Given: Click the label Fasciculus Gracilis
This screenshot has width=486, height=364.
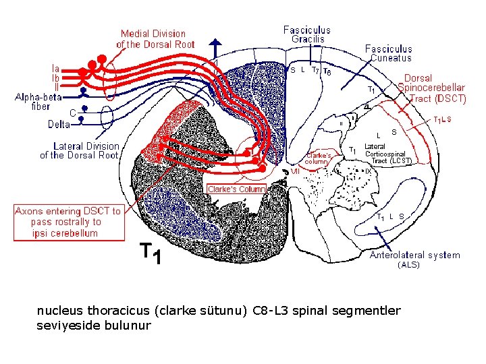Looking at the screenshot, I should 307,34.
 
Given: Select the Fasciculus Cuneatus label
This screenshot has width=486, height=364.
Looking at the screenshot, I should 388,53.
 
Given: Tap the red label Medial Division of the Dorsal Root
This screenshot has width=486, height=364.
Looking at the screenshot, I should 155,39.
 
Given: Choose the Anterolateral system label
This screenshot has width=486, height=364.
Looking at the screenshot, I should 415,255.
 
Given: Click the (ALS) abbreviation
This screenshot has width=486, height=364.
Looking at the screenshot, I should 408,265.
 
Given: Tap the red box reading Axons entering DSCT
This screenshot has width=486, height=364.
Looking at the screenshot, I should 69,222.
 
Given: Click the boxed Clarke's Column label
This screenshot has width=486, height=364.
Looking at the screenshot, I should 236,189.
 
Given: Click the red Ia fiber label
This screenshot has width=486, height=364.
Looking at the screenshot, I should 56,67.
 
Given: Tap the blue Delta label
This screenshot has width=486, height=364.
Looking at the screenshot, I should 59,125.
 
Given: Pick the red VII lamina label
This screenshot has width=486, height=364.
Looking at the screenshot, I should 295,171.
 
